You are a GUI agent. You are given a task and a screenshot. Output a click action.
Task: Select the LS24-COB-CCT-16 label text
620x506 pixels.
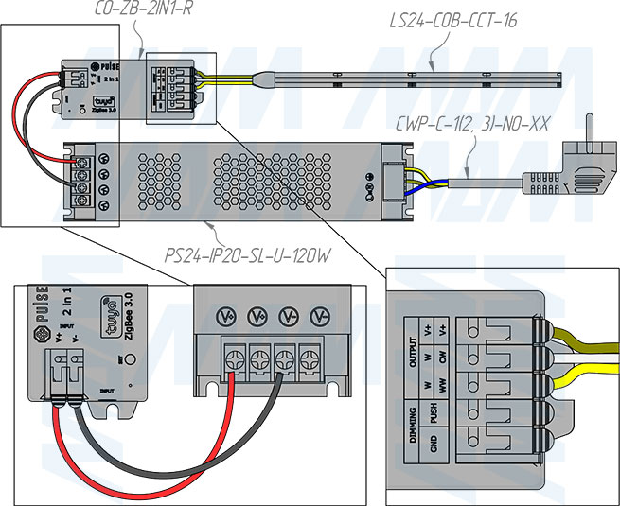455,21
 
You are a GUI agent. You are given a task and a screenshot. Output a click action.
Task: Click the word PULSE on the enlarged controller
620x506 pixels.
42,305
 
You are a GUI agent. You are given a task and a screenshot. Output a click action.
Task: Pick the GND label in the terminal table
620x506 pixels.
434,442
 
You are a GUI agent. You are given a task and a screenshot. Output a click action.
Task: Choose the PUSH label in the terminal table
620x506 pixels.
434,412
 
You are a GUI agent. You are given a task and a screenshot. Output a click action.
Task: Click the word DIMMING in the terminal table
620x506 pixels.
413,427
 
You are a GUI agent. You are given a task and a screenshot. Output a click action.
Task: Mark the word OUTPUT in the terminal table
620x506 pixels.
413,355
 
